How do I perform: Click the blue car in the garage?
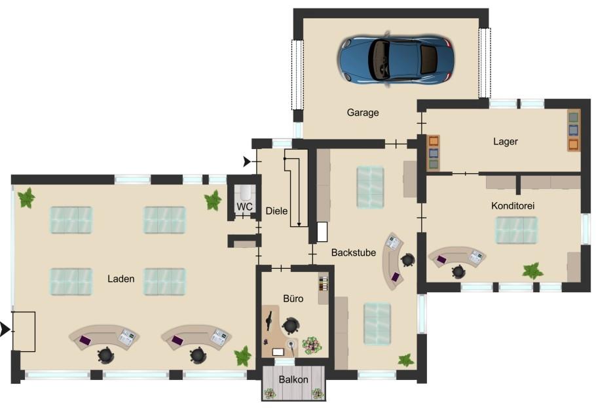click(396, 60)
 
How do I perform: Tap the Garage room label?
click(363, 112)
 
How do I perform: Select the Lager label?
click(505, 141)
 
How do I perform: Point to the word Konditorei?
click(513, 205)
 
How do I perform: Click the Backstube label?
click(354, 252)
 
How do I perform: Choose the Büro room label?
click(293, 299)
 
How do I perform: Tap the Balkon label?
click(293, 379)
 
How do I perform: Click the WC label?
click(244, 207)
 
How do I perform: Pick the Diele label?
click(276, 211)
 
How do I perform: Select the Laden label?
click(121, 279)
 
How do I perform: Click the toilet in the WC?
click(245, 193)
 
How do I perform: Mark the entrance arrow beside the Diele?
click(247, 162)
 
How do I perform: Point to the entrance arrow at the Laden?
click(5, 330)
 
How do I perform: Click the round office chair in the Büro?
click(291, 326)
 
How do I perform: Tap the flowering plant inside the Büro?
click(312, 345)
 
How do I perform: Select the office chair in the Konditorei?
click(458, 271)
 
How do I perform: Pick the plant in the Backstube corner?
click(405, 360)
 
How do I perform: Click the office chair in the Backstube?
click(407, 260)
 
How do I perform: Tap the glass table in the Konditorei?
click(516, 230)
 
